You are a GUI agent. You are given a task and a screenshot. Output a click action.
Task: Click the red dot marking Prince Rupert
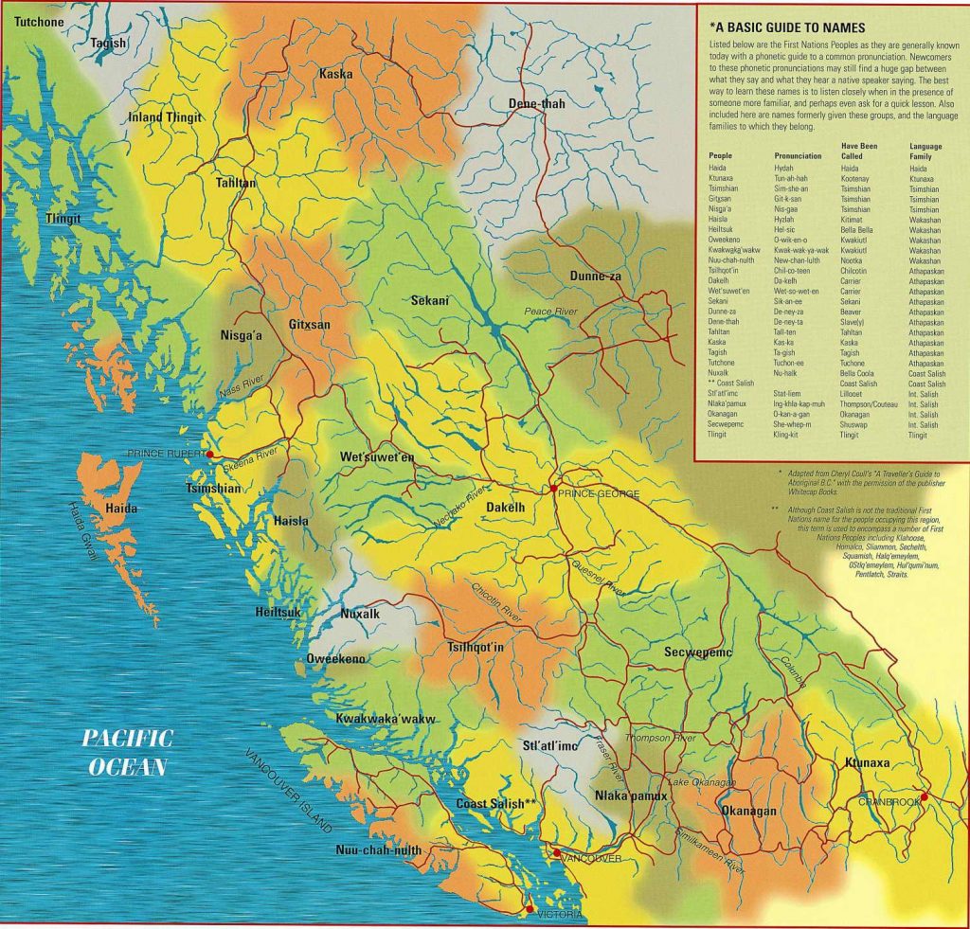point(209,455)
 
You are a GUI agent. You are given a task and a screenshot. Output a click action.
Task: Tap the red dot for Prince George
point(552,489)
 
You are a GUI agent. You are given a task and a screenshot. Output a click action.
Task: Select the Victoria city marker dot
point(529,909)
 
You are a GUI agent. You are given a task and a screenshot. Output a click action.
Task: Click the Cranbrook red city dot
point(924,796)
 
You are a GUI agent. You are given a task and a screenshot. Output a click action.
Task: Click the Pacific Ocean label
point(126,752)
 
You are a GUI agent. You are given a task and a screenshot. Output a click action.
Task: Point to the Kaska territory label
point(335,74)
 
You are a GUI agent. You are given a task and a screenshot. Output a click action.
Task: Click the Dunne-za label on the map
point(595,276)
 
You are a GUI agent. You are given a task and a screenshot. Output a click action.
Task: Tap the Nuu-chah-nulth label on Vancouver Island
point(378,850)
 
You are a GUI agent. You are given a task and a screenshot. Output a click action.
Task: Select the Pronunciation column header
point(798,155)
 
